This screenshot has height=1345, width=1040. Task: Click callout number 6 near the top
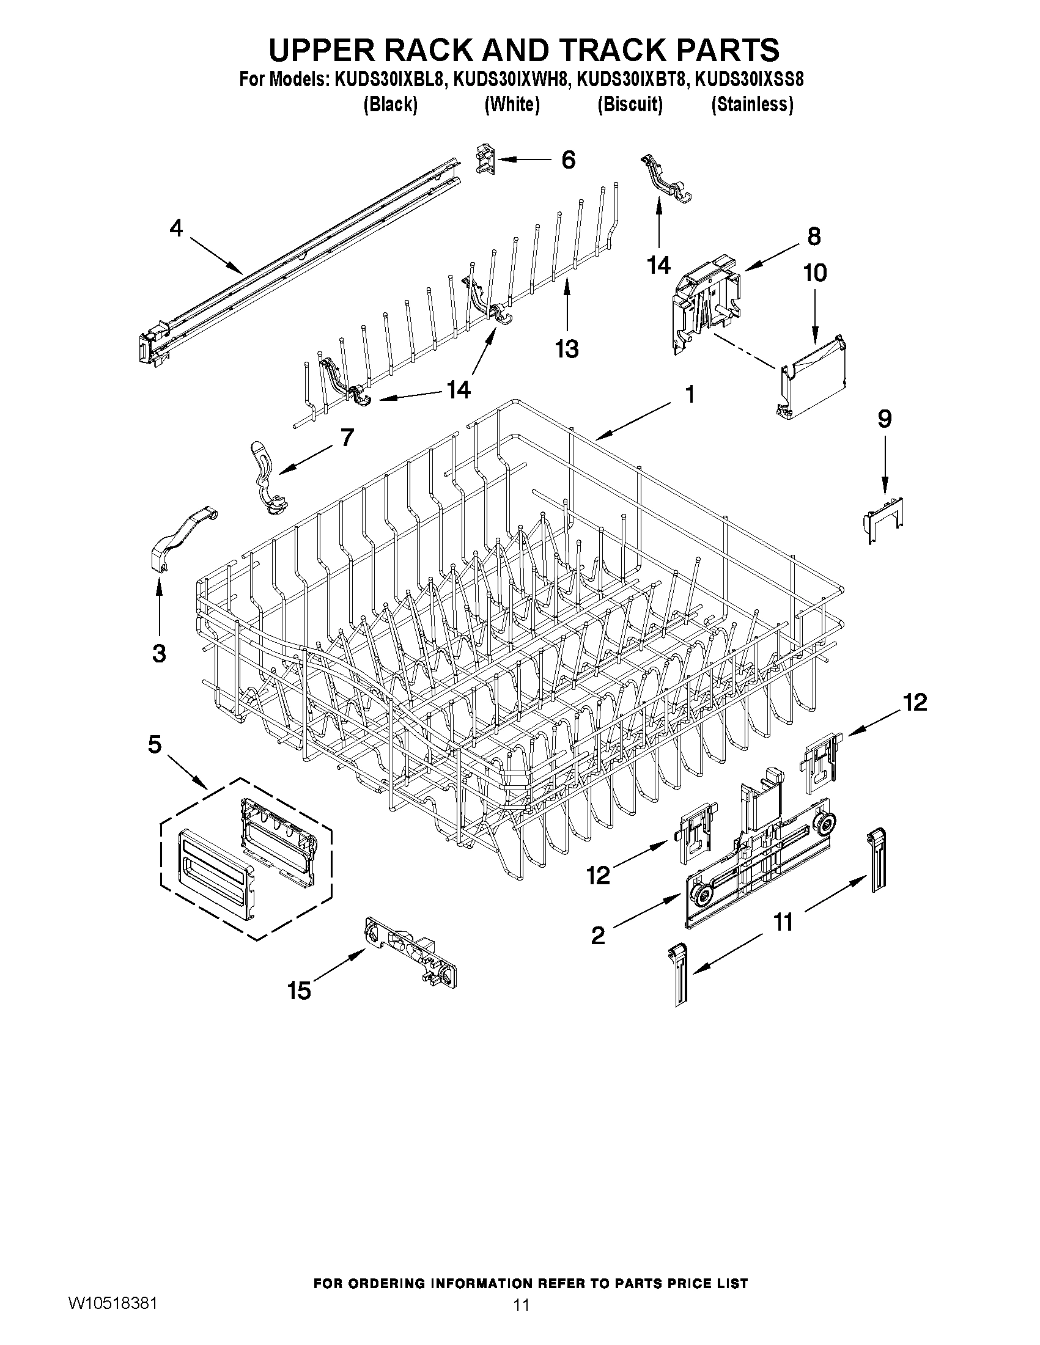tap(568, 160)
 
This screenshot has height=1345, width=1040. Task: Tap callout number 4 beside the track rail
tap(176, 229)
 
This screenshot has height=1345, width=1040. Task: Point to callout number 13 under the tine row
tap(567, 349)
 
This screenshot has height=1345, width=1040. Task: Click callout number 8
tap(814, 236)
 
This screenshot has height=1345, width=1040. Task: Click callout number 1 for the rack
tap(690, 394)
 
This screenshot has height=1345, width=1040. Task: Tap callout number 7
tap(347, 438)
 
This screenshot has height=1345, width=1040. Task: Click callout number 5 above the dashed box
tap(155, 744)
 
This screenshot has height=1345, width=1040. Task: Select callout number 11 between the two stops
tap(783, 923)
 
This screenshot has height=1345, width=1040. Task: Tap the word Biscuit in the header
tap(630, 104)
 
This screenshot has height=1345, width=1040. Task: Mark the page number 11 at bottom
tap(522, 1321)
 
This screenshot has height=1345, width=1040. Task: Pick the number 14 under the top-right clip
tap(658, 265)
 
